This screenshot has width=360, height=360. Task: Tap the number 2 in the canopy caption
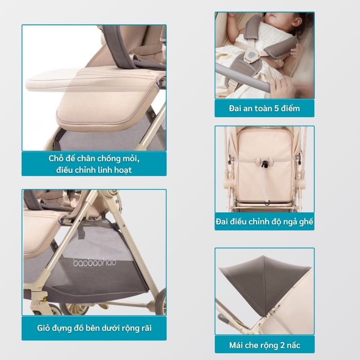pos(282,345)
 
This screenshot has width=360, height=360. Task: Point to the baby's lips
pos(272,16)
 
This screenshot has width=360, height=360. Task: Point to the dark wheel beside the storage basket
pos(162,301)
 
